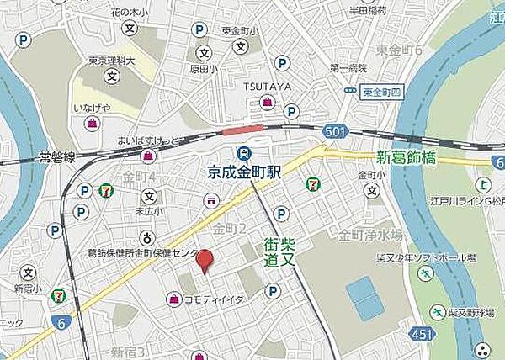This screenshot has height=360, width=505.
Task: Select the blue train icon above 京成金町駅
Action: click(x=244, y=153)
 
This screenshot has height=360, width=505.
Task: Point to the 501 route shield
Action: click(x=334, y=130)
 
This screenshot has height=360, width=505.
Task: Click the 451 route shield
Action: click(x=405, y=336)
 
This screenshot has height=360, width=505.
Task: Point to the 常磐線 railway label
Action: click(x=58, y=157)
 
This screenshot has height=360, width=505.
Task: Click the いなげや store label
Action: click(x=91, y=108)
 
